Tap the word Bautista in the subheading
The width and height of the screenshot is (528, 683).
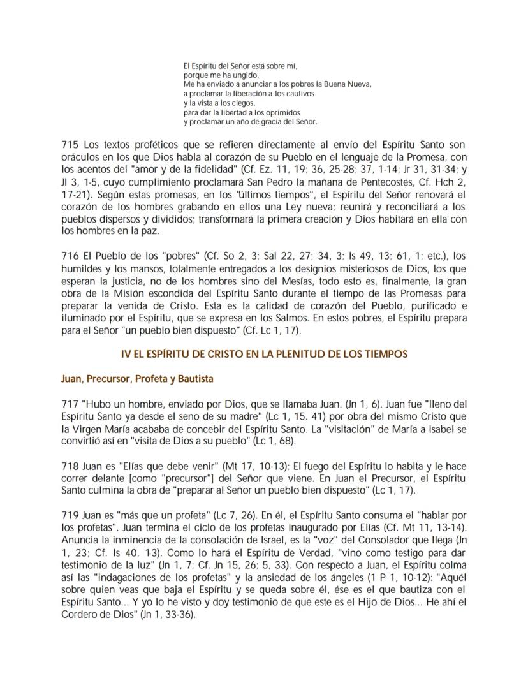pyautogui.click(x=194, y=379)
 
